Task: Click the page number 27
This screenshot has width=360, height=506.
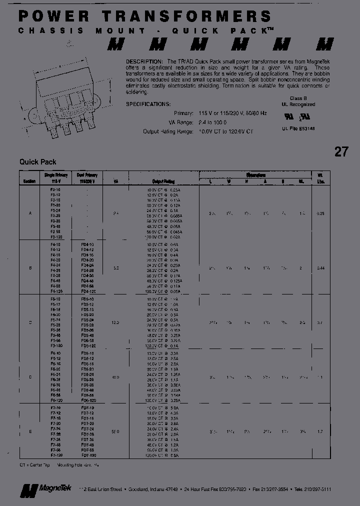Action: point(341,151)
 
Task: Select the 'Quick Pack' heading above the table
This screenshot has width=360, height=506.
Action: point(38,162)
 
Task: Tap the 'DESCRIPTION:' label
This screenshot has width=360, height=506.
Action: point(142,59)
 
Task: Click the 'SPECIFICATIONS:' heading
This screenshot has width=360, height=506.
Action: point(148,104)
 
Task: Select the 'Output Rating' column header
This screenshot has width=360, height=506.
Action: point(163,181)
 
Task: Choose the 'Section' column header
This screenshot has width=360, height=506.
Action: point(30,181)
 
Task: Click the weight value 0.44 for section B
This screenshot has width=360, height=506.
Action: point(320,268)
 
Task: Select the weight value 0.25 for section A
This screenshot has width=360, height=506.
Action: point(320,213)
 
